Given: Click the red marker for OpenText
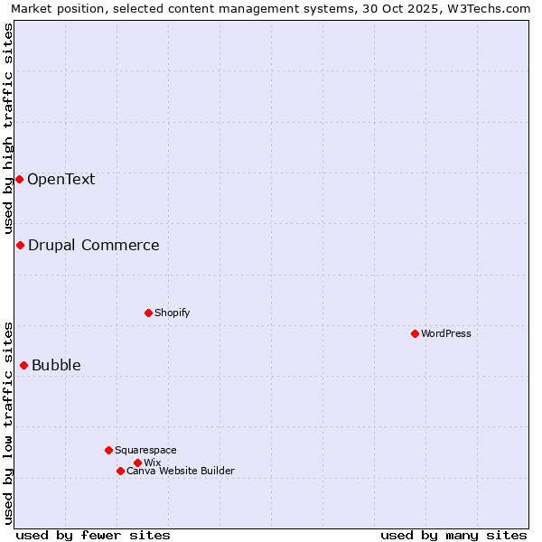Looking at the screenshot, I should (x=19, y=179).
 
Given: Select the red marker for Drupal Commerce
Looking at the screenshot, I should (x=20, y=245).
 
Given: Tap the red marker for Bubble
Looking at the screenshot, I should (x=23, y=365).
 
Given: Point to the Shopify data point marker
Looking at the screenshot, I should (x=148, y=313).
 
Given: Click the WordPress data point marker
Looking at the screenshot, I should (x=415, y=333).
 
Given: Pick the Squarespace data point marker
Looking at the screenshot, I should (x=108, y=450).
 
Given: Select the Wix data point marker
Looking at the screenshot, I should (x=137, y=463).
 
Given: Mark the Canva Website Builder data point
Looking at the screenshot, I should (x=120, y=471).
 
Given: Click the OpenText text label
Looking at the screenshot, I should (x=61, y=179).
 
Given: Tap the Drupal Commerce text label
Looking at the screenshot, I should (x=94, y=245).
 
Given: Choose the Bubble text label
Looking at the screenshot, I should (x=56, y=365).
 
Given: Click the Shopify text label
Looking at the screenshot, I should (x=173, y=313).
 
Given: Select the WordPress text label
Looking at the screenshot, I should (x=446, y=333).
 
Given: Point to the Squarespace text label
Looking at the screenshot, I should (x=145, y=450).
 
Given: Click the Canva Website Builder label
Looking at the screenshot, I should (x=181, y=471).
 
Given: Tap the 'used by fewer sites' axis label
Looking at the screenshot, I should (x=93, y=535).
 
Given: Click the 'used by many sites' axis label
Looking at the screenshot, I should (x=453, y=535).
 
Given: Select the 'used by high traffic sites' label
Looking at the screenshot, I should (x=8, y=127).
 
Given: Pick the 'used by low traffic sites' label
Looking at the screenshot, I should (x=8, y=422).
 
